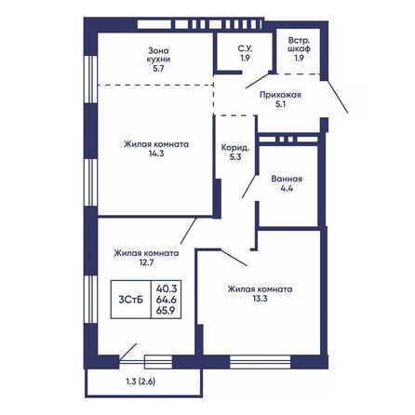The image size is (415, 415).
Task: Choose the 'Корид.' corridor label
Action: pyautogui.click(x=234, y=146)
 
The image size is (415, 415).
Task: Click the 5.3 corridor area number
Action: pyautogui.click(x=234, y=157)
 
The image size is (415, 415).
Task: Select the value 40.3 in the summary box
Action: pyautogui.click(x=167, y=288)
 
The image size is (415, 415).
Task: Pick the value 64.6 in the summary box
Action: pyautogui.click(x=167, y=301)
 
